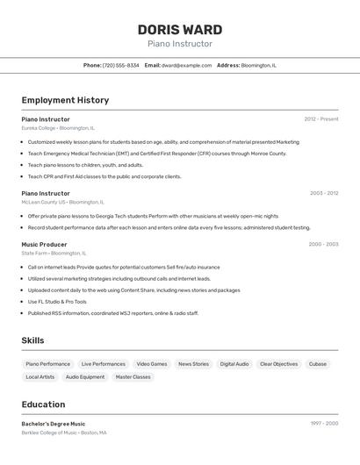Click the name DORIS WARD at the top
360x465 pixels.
(x=179, y=30)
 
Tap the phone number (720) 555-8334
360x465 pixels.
(x=120, y=65)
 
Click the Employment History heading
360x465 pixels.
(x=65, y=100)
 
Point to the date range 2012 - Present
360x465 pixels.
(x=320, y=118)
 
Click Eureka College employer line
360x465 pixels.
(x=58, y=128)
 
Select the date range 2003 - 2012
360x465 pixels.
(x=323, y=193)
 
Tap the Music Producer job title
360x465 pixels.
(x=44, y=244)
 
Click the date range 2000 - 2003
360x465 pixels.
(x=323, y=244)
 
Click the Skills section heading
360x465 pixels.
(x=32, y=340)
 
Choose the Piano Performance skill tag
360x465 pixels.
(x=47, y=363)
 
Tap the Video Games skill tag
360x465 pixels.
(x=151, y=363)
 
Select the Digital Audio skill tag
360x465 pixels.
(x=234, y=363)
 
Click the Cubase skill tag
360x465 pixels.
(x=317, y=363)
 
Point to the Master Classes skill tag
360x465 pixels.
(x=133, y=376)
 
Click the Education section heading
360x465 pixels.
(x=43, y=404)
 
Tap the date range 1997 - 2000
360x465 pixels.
(x=323, y=423)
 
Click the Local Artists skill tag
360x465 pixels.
(x=40, y=376)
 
